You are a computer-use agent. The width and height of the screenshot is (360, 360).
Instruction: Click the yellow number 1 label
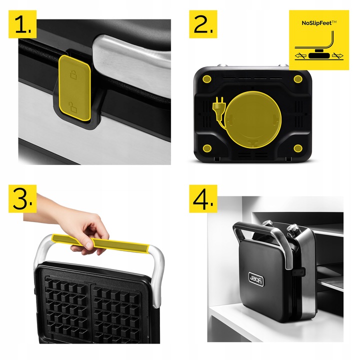[22, 24]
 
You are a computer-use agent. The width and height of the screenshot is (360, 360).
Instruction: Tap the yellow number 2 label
[203, 24]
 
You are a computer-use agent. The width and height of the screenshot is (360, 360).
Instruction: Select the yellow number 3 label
[22, 198]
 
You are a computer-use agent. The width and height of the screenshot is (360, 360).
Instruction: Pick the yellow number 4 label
[203, 198]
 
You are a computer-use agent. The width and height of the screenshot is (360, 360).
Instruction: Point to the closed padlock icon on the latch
[73, 74]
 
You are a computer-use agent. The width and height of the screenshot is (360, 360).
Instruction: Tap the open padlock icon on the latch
[73, 107]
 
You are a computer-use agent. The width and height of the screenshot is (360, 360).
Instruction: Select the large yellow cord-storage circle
[252, 119]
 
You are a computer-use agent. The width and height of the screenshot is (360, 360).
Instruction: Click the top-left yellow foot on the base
[207, 79]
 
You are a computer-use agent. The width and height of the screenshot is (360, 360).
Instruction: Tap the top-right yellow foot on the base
[298, 79]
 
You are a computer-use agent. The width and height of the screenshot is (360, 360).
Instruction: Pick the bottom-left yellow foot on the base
[207, 148]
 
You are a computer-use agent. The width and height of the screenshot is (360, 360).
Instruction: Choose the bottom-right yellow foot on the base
[298, 148]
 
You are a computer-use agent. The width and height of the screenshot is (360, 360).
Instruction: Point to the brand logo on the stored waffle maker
[256, 279]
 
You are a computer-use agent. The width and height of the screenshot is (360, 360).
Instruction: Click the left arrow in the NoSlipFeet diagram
[301, 55]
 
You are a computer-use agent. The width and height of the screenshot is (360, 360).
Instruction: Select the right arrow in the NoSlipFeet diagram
[337, 55]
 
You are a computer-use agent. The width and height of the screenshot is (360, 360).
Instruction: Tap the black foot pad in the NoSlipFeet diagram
[319, 55]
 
